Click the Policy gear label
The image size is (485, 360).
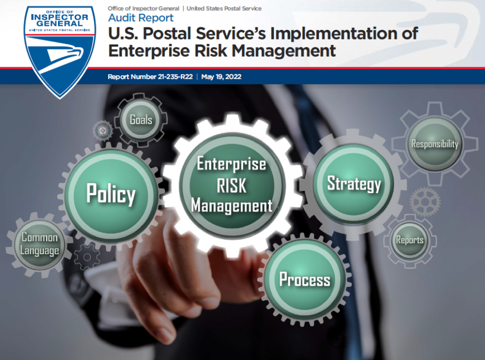[x=111, y=194]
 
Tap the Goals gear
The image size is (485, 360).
[x=141, y=120]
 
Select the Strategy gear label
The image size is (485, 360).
[x=354, y=184]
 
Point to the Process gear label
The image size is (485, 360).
[x=305, y=279]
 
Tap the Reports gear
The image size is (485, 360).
[x=410, y=240]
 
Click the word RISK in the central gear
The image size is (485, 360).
[x=231, y=186]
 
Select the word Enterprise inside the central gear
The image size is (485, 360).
[x=231, y=164]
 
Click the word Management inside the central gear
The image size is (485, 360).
[x=232, y=206]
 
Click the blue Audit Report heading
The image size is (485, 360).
[x=141, y=18]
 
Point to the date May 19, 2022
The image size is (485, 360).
[x=221, y=77]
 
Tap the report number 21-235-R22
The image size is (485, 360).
[x=175, y=77]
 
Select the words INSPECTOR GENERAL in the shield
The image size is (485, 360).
[x=60, y=20]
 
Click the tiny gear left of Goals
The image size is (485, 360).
[x=103, y=131]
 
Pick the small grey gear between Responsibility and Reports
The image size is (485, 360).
[x=425, y=202]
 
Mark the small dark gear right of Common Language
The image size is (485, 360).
[x=87, y=257]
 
